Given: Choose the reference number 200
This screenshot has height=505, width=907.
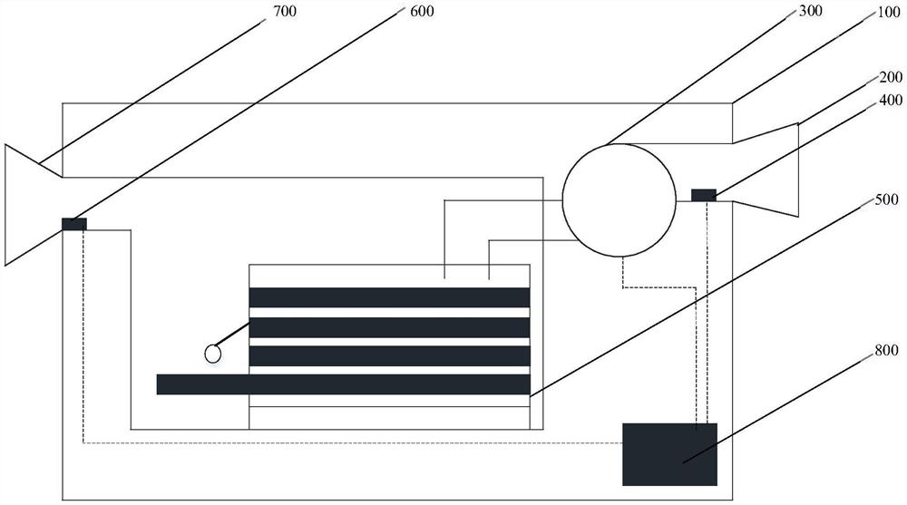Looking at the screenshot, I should (x=891, y=77).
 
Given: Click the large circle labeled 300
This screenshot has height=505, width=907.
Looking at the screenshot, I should (x=619, y=200).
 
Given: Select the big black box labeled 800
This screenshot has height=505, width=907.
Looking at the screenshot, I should (x=669, y=453).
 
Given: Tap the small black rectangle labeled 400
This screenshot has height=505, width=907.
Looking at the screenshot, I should (x=704, y=194).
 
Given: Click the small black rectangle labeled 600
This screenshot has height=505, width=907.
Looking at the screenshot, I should (x=73, y=224).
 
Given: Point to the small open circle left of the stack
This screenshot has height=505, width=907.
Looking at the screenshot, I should (x=212, y=353).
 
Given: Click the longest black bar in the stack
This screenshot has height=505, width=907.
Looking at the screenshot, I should (x=343, y=384).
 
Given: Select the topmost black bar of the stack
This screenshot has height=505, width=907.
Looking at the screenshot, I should (x=388, y=297).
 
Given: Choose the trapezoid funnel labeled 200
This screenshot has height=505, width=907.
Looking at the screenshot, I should (x=766, y=170).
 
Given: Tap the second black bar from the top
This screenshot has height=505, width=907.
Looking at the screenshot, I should (x=388, y=327).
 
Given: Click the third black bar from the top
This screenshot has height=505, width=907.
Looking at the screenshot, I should (x=388, y=355).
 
